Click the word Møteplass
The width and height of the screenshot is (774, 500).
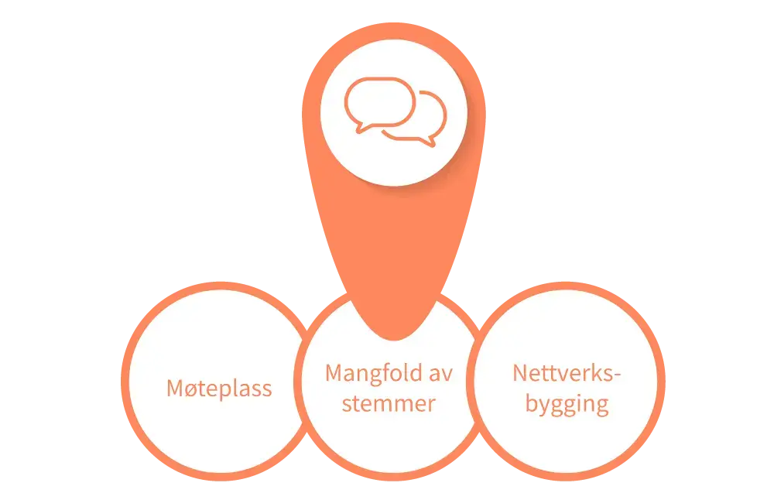(219, 388)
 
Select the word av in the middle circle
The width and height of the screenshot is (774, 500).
(439, 373)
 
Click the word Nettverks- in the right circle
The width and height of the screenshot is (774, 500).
(567, 373)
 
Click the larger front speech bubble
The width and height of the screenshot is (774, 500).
(379, 101)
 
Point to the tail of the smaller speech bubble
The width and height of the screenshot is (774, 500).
(428, 142)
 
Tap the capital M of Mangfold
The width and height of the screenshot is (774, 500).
(334, 373)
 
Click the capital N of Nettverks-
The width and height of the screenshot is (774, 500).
(520, 373)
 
